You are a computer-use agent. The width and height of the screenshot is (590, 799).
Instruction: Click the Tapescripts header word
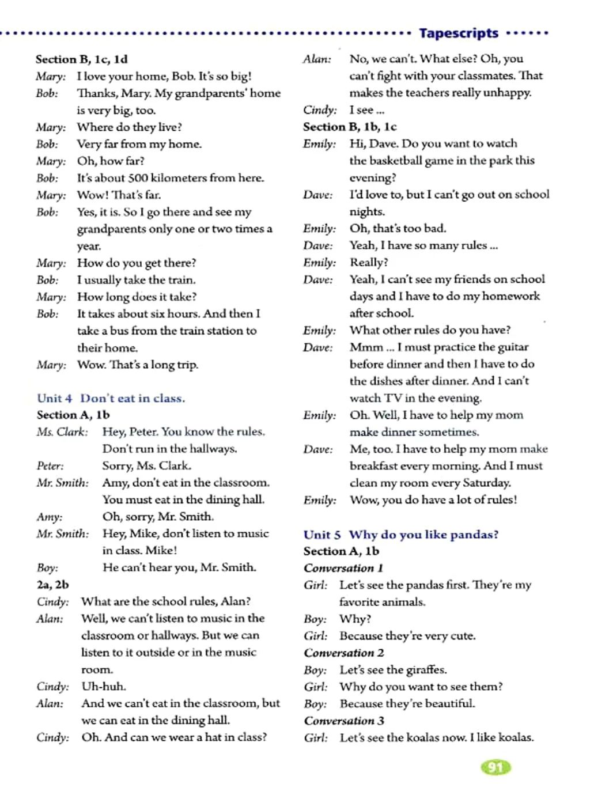[458, 33]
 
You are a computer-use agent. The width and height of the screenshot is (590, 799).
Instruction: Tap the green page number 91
[495, 767]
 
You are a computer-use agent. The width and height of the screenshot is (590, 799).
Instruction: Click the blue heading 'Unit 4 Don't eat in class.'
[111, 398]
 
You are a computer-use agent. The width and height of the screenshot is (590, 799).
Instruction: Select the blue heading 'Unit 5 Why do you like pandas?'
[401, 534]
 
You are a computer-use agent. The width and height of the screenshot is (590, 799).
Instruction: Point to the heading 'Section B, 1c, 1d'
[81, 59]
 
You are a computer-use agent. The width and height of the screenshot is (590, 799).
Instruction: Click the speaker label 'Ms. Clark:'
[62, 431]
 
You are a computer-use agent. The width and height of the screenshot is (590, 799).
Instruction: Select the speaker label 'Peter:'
[50, 465]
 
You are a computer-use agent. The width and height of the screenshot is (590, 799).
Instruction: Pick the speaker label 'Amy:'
[50, 517]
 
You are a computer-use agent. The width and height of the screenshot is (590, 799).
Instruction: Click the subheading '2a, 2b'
[52, 584]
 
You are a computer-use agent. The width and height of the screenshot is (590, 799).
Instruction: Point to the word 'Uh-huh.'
[104, 686]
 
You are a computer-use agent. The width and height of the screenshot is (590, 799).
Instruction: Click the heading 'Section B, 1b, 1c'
[350, 127]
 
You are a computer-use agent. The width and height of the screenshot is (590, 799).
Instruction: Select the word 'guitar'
[512, 347]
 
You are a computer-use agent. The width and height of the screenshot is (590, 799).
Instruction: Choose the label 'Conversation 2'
[344, 653]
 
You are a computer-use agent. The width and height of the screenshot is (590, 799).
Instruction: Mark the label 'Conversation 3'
[344, 721]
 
